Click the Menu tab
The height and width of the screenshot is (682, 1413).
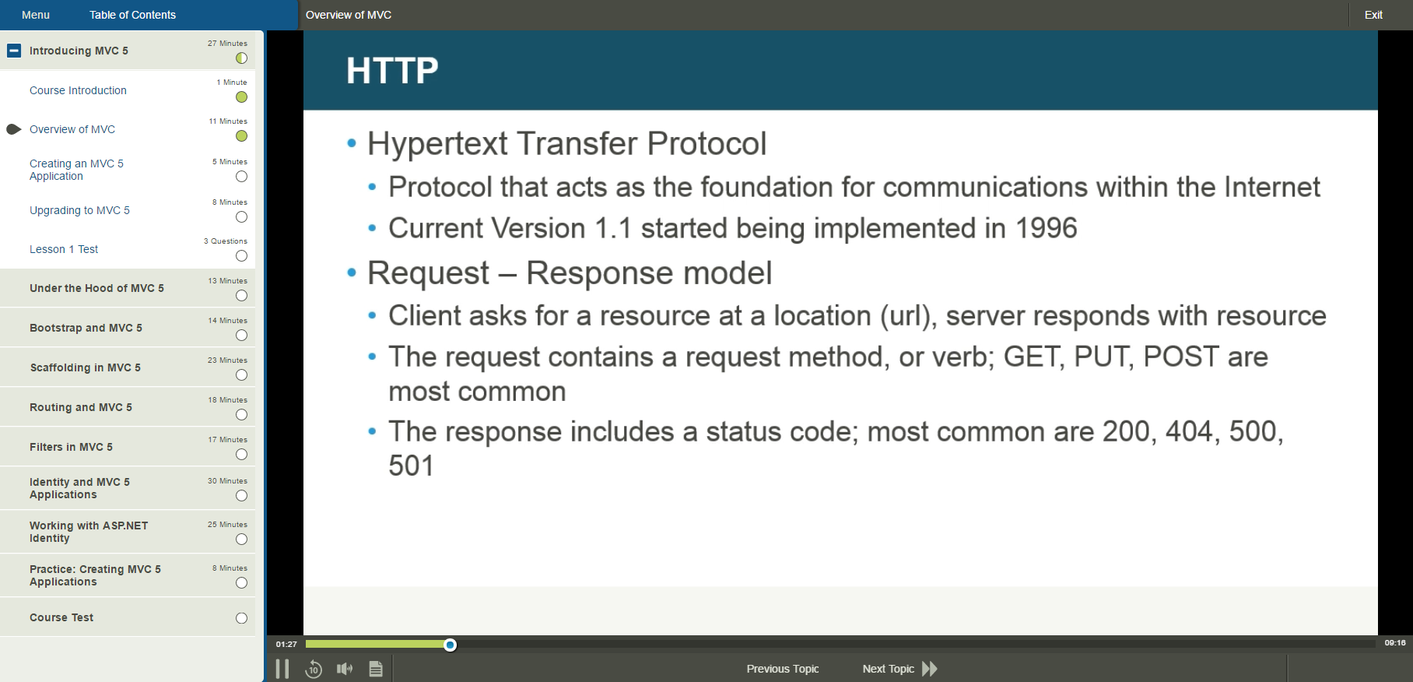(x=36, y=15)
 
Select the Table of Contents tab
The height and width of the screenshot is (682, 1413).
(x=132, y=15)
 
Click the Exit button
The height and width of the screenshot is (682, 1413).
(x=1373, y=15)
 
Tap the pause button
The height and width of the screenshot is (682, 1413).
(x=282, y=669)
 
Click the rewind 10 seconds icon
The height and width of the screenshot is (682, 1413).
(x=314, y=669)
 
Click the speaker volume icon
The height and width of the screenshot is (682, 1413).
(x=345, y=669)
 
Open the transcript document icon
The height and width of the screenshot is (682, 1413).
(x=376, y=669)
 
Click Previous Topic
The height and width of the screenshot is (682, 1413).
(x=782, y=669)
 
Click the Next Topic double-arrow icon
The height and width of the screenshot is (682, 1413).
(x=930, y=669)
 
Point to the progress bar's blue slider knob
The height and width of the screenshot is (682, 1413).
(x=450, y=645)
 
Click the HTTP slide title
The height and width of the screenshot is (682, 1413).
(x=392, y=71)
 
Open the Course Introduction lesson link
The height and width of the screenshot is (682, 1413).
(x=78, y=90)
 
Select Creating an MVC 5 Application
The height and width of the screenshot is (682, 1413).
(x=76, y=170)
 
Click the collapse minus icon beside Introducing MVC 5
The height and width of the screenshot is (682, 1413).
(x=14, y=51)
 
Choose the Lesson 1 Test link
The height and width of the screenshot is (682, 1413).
(x=64, y=249)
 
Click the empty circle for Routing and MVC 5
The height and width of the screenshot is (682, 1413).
(x=241, y=415)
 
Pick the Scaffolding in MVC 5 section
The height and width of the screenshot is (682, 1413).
(x=85, y=367)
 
